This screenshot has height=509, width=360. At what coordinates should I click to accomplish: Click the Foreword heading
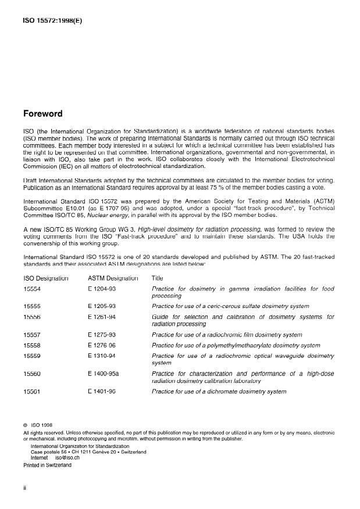42,114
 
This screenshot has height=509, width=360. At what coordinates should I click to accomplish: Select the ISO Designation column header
46,278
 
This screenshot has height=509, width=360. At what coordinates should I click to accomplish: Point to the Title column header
158,278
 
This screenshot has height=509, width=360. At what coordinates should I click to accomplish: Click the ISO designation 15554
32,289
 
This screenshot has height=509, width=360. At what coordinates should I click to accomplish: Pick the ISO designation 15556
32,317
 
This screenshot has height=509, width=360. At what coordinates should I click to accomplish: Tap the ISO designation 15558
32,345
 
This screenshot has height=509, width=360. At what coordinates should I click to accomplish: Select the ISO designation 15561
32,392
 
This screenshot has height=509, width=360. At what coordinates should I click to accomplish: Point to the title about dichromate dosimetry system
219,392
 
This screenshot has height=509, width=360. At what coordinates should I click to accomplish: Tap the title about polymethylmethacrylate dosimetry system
236,345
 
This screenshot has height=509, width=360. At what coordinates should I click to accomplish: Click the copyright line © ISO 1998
38,425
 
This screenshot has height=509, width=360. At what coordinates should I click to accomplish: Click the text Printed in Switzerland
48,465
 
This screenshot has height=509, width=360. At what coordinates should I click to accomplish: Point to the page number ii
25,488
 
